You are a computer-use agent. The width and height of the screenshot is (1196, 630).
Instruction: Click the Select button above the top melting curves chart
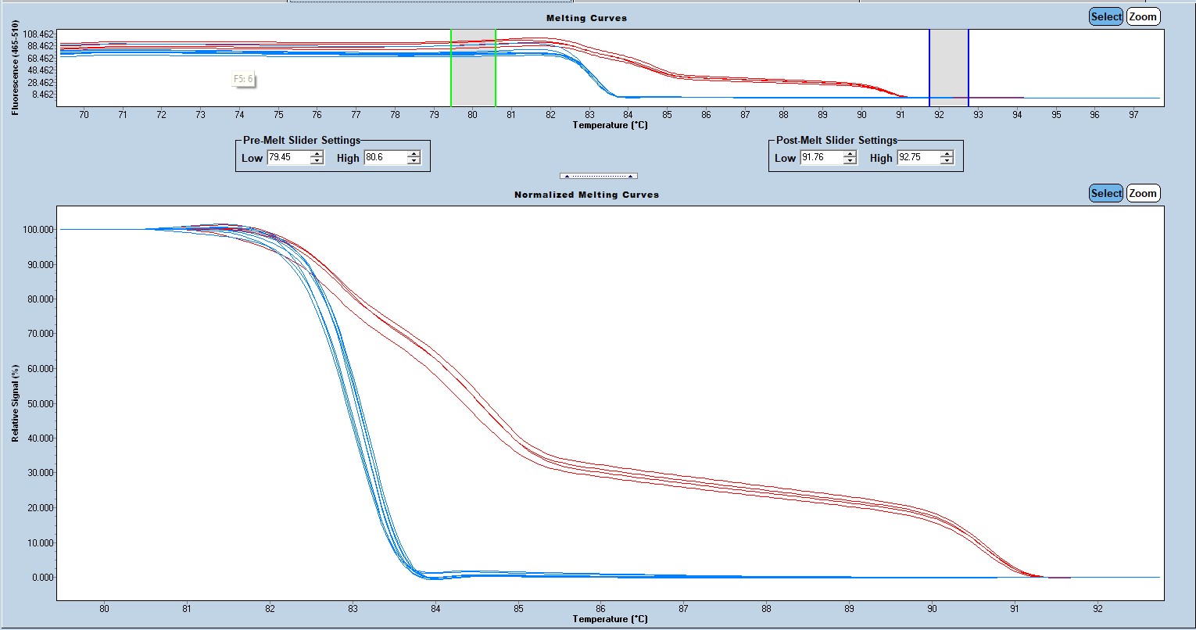coord(1106,16)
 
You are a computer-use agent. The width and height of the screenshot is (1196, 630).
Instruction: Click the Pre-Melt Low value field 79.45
coord(287,158)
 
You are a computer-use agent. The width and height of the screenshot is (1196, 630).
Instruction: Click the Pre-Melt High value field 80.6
coord(384,158)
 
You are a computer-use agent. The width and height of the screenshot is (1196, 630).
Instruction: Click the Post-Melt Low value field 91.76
coord(820,158)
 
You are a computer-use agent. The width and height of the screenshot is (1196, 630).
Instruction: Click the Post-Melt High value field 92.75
coord(917,158)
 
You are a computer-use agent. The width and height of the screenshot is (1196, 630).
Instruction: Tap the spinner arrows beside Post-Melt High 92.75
coord(947,158)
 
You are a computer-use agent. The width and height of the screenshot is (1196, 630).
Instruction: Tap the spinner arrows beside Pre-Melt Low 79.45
coord(317,158)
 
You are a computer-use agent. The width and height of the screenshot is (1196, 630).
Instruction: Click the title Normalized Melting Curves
coord(586,195)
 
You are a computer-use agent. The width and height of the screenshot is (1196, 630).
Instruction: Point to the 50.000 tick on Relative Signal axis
coord(36,403)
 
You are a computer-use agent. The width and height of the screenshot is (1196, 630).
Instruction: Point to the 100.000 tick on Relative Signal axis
coord(35,230)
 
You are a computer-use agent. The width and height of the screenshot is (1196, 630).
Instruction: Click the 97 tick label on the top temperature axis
coord(1133,115)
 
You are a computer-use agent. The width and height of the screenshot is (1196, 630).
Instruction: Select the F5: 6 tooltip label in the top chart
coord(244,79)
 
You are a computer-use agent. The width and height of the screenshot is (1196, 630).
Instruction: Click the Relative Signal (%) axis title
coord(15,403)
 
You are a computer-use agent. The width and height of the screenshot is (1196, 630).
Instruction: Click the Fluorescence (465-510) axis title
coord(15,69)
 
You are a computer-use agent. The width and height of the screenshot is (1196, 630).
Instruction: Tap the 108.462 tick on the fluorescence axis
coord(38,34)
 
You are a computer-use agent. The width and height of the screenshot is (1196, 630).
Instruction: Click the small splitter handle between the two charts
coord(598,176)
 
